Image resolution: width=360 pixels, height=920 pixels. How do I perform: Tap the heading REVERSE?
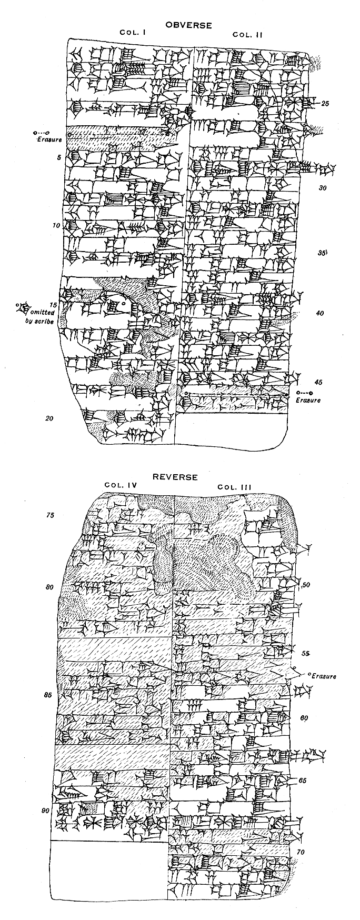pyautogui.click(x=175, y=477)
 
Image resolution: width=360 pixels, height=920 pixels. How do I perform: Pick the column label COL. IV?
pyautogui.click(x=121, y=485)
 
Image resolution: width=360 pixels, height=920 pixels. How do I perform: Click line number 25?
pyautogui.click(x=325, y=104)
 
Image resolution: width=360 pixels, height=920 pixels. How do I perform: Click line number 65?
pyautogui.click(x=302, y=781)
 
